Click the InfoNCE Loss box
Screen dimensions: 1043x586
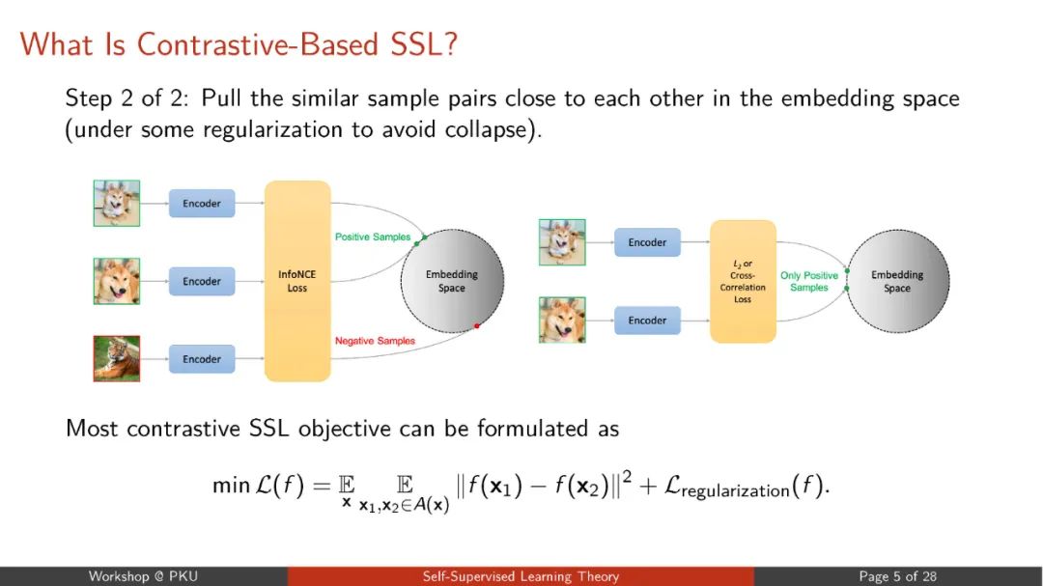297,281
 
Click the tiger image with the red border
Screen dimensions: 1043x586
117,359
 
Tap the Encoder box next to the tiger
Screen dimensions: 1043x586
202,359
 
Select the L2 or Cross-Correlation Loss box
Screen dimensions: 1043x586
743,281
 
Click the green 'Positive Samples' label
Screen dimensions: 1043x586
372,237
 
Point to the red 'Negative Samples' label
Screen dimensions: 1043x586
375,341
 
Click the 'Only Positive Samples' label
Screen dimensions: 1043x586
809,281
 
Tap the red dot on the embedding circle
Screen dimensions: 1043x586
477,326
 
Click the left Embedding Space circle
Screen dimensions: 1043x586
452,281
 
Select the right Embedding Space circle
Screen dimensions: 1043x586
896,281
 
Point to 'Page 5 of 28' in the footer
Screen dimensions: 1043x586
897,576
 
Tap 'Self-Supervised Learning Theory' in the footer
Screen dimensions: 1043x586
521,576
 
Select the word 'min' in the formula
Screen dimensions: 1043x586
231,486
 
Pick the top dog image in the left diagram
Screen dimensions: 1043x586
117,204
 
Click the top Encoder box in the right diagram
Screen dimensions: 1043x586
647,242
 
